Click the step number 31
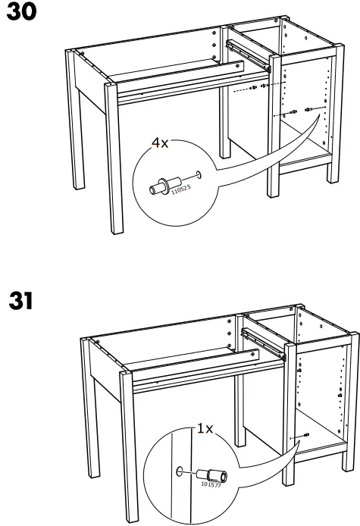coord(20,301)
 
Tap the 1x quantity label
coord(205,429)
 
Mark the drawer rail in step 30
coord(247,54)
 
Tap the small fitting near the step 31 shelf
coord(305,434)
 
